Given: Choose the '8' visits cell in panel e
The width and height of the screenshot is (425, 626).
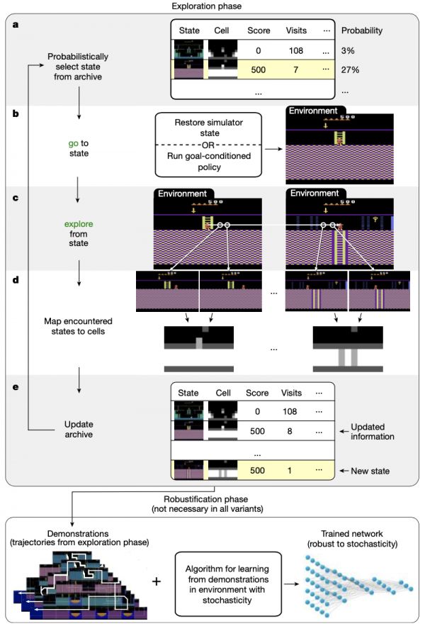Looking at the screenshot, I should pos(295,429).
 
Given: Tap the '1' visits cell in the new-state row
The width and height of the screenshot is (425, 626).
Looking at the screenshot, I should pos(295,471).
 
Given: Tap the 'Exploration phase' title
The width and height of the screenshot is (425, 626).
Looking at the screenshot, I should pos(212,6).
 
